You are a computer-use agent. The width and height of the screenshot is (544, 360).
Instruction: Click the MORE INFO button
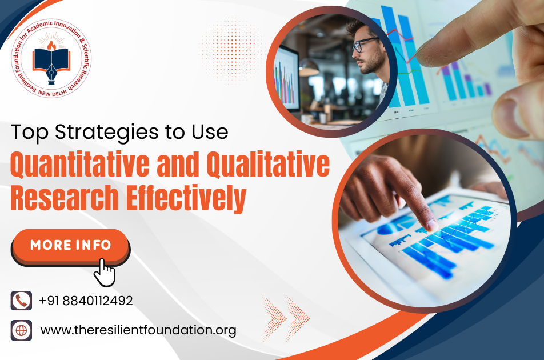[70, 246]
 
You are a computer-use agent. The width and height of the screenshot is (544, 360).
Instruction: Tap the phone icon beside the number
[21, 301]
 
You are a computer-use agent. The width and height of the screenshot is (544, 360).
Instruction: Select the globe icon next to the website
[21, 330]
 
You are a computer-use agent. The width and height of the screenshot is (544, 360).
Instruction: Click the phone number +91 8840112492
[86, 301]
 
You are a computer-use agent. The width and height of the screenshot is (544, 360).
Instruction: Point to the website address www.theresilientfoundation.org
[138, 330]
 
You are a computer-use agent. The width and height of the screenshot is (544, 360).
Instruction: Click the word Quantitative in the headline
[80, 164]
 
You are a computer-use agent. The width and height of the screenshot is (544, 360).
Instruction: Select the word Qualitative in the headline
[268, 164]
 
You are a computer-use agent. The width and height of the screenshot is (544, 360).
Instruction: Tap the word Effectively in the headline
[186, 198]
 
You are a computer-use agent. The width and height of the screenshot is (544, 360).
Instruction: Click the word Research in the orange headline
[65, 198]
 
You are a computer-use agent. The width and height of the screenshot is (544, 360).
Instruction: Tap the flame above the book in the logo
[51, 46]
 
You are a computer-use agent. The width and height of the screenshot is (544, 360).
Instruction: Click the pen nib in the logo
[51, 74]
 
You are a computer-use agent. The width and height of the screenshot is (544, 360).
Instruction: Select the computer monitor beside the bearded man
[287, 79]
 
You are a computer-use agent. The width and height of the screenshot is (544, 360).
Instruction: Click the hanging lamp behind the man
[308, 67]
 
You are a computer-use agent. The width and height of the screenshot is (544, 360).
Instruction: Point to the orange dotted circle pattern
[231, 51]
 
